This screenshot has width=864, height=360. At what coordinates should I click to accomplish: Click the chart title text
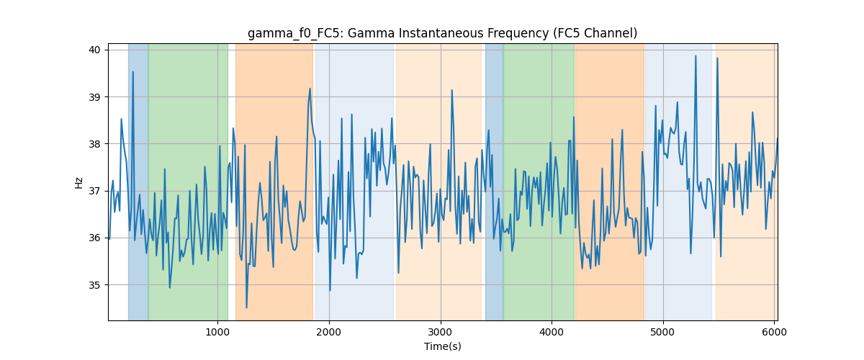click(x=442, y=33)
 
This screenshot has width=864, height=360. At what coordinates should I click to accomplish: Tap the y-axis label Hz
click(x=78, y=183)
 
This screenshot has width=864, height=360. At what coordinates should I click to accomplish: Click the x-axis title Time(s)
click(x=442, y=346)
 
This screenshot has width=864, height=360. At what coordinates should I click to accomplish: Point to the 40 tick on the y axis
click(x=94, y=50)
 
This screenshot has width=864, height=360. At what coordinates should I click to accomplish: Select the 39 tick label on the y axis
click(x=94, y=97)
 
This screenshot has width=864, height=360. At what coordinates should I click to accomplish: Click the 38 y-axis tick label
click(x=94, y=144)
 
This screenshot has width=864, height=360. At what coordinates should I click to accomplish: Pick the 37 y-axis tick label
click(x=94, y=192)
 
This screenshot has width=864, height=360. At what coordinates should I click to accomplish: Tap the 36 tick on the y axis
click(x=94, y=238)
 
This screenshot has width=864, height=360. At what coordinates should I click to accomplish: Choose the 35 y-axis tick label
click(x=94, y=285)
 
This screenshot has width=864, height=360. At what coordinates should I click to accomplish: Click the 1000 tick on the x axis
click(x=217, y=332)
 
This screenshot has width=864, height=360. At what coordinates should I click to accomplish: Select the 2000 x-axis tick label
click(x=328, y=332)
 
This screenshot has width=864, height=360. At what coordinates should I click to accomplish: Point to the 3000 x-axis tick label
click(x=440, y=332)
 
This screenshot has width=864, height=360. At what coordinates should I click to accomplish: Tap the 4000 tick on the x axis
click(x=552, y=332)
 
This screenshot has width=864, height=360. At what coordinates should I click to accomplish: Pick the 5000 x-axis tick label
click(x=663, y=332)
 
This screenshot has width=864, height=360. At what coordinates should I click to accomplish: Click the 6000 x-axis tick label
click(x=774, y=332)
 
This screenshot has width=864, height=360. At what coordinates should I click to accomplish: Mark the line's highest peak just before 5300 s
click(x=696, y=56)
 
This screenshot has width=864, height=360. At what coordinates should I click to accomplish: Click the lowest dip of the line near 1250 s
click(x=246, y=307)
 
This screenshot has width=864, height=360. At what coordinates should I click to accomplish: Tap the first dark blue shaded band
click(x=138, y=181)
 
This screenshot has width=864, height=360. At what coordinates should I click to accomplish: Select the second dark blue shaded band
click(x=494, y=181)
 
